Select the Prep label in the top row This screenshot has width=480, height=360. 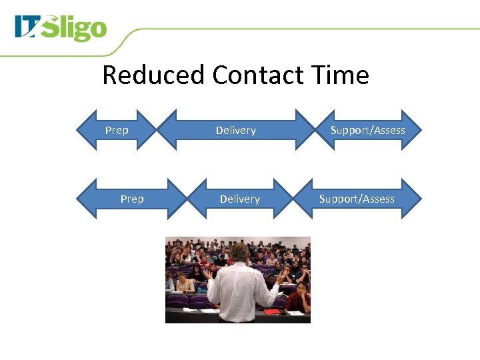[117, 130]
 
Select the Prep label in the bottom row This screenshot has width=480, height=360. [132, 199]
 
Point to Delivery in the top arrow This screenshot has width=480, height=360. [236, 130]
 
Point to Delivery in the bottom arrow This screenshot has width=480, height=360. [240, 199]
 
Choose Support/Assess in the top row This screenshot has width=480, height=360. [368, 130]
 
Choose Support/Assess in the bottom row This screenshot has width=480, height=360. [357, 199]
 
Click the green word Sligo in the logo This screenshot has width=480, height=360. [79, 29]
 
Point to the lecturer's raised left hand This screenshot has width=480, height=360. [207, 273]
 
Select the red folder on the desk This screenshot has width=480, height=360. [272, 311]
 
